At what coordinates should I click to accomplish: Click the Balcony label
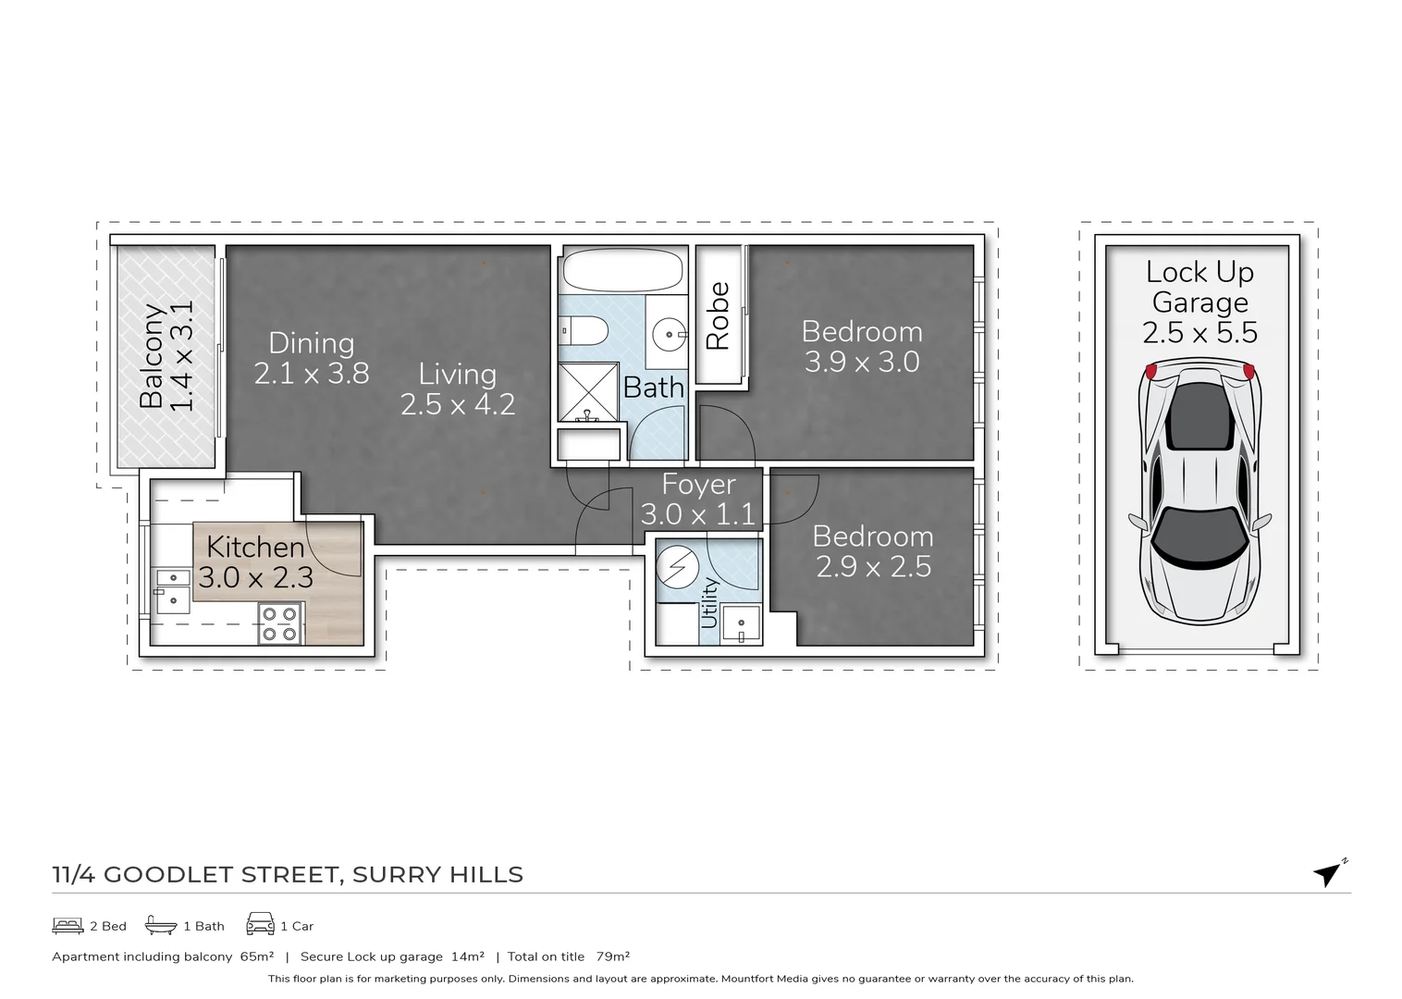pos(152,356)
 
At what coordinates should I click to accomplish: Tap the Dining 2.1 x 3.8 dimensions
pos(312,374)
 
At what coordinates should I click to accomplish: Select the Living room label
pos(457,374)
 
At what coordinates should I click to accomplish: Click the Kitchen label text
pos(255,547)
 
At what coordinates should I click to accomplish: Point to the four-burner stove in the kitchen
pos(279,623)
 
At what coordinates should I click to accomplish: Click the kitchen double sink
pos(173,591)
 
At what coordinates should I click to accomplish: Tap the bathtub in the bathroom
pos(622,271)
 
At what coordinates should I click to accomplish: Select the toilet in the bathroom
pos(584,330)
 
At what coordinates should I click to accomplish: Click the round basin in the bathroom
pos(668,334)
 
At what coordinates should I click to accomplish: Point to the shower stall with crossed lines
pos(587,392)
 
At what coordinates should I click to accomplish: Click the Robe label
pos(719,315)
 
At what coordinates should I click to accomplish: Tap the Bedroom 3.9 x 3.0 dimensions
pos(862,362)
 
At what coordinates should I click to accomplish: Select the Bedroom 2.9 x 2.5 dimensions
pos(873,567)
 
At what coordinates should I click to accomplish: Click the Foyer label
pos(698,485)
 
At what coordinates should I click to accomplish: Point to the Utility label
pos(709,602)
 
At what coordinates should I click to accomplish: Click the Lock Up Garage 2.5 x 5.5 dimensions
pos(1199,333)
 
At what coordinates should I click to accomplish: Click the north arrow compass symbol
pos(1329,872)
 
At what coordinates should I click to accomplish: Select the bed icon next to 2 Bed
pos(68,925)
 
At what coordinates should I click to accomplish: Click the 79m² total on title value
pos(612,956)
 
